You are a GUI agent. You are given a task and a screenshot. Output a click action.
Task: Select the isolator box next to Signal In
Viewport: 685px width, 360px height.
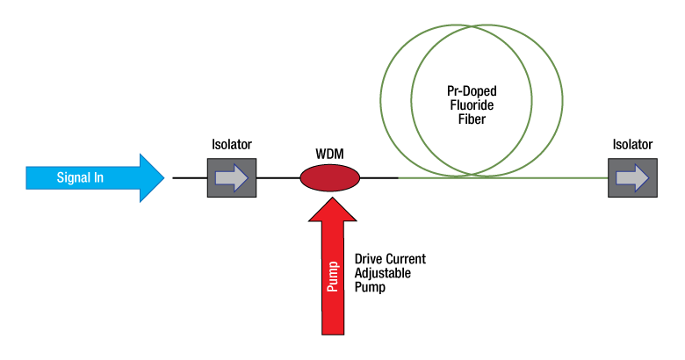[x=231, y=177]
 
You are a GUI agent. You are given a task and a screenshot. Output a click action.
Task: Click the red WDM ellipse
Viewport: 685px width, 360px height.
[x=330, y=177]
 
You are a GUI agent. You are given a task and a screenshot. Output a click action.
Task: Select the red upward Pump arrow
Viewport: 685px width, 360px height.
[x=332, y=272]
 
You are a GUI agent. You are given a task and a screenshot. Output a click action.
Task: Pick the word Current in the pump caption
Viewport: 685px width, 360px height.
[x=406, y=260]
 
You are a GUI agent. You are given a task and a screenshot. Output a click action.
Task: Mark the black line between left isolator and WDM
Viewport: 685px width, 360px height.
[x=278, y=177]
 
